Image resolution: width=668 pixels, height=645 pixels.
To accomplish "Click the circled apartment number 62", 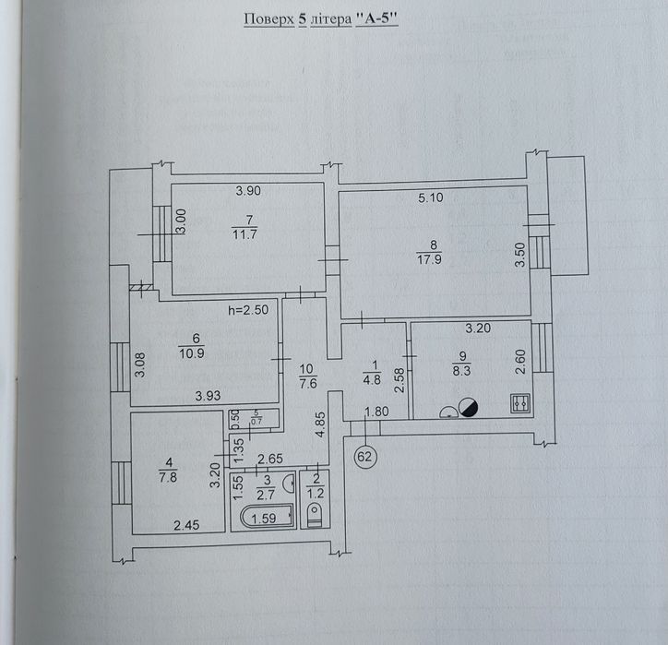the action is tap(364, 457).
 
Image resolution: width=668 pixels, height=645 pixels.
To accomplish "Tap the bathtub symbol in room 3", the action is tap(268, 517).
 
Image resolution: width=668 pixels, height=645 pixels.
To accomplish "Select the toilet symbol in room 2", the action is tap(315, 514).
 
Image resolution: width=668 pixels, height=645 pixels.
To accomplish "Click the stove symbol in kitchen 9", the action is tap(520, 403).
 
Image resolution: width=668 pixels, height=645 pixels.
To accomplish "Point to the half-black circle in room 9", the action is tap(468, 407).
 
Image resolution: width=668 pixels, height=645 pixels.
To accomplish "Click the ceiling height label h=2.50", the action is tap(248, 309).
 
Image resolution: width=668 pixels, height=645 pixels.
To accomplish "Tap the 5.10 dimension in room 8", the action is tap(430, 197).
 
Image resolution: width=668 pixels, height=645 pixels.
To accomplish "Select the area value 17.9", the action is tap(429, 259).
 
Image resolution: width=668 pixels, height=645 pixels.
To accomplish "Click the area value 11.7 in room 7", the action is tap(245, 233).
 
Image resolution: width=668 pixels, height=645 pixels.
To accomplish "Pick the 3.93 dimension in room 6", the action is tap(208, 396).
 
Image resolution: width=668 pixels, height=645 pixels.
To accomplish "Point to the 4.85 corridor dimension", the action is tap(320, 424).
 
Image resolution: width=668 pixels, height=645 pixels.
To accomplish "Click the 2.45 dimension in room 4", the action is tap(186, 525).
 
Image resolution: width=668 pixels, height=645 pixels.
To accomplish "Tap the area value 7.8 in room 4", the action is tap(168, 477).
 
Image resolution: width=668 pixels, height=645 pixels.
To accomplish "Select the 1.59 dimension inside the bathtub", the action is tap(264, 519).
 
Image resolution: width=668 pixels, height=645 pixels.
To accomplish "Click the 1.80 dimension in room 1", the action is tap(376, 412).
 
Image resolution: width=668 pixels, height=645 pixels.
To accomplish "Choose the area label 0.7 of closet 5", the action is tap(256, 422).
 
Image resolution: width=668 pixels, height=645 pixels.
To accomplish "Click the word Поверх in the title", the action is tap(268, 19).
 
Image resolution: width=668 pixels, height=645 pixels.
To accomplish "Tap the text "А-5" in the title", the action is tap(376, 18).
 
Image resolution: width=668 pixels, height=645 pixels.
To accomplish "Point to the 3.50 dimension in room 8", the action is tap(520, 255).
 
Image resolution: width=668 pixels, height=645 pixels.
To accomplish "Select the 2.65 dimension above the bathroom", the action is tap(270, 459).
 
